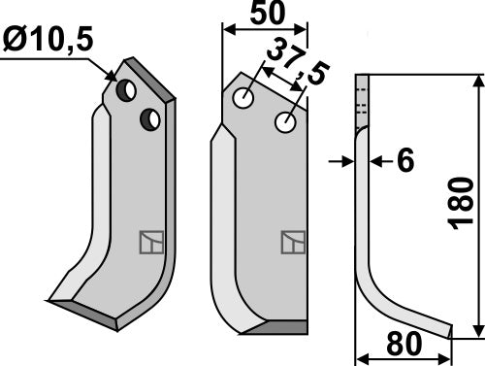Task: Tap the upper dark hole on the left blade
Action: pos(126,90)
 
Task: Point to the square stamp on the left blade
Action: pos(150,241)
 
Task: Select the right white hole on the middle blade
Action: pos(285,123)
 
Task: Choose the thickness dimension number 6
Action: pos(404,161)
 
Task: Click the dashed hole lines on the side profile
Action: pos(364,97)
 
